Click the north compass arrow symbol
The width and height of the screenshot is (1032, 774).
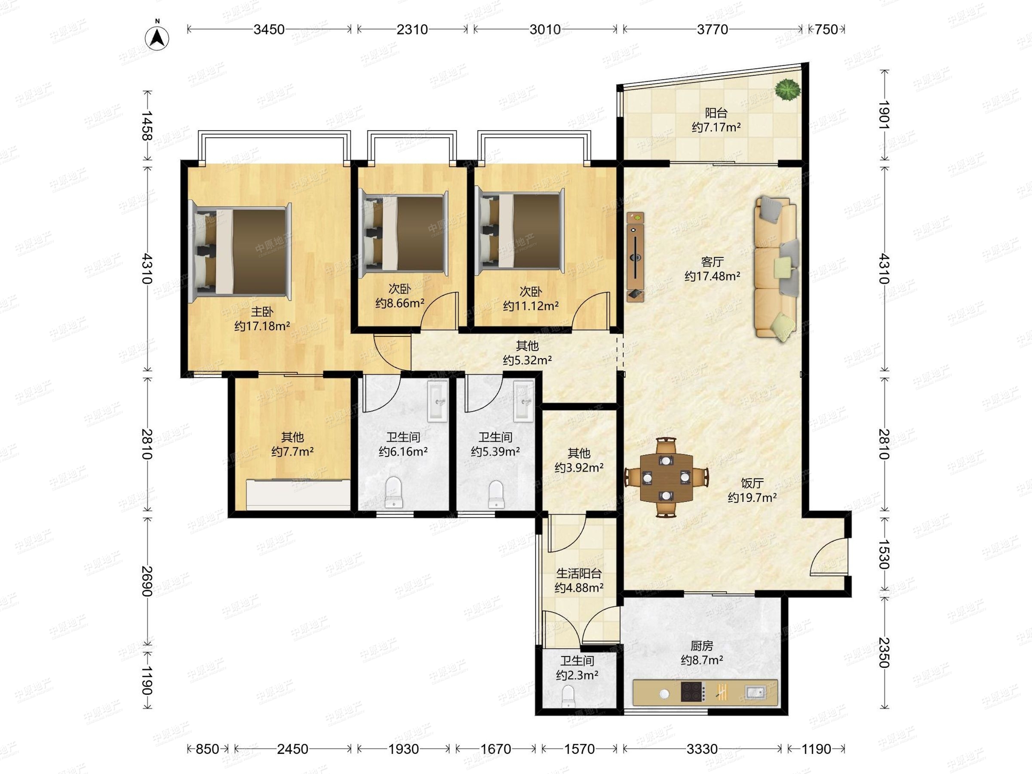(x=157, y=38)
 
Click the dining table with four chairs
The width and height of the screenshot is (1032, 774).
(x=666, y=477)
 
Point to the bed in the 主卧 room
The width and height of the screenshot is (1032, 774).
(x=240, y=251)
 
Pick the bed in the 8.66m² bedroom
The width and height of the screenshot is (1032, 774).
(x=404, y=231)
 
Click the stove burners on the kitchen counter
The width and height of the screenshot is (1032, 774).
(x=692, y=692)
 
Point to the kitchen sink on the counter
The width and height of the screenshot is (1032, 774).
(x=756, y=692)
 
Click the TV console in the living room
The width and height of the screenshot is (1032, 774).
(x=636, y=257)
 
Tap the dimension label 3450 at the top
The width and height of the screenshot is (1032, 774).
(x=269, y=29)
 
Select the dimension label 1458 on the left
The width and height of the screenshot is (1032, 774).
(x=147, y=126)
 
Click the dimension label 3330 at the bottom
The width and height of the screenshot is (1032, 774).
(x=702, y=749)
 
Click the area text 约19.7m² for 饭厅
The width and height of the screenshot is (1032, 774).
(x=752, y=498)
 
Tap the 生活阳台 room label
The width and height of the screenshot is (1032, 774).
(x=578, y=573)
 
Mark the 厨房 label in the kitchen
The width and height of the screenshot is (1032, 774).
(x=702, y=646)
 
